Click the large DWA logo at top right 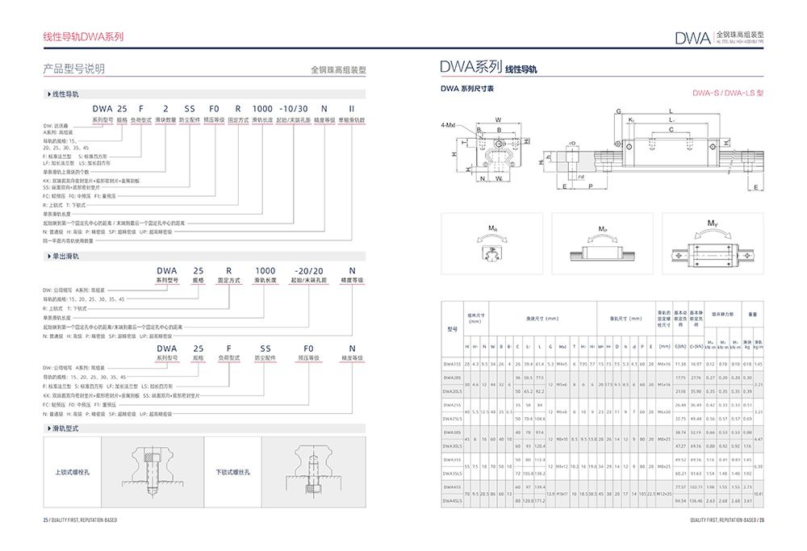coord(692,37)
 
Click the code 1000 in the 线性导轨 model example coord(262,108)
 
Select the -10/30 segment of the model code coord(292,108)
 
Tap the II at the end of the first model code coord(351,108)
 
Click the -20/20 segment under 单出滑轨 coord(309,270)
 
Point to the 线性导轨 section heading coord(66,94)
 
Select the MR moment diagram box coord(492,241)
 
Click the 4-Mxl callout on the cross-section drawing coord(449,127)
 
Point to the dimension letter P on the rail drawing coord(591,186)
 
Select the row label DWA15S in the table coord(452,365)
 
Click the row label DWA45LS coord(452,501)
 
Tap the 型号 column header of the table coord(452,328)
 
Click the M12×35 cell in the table coord(664,493)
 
